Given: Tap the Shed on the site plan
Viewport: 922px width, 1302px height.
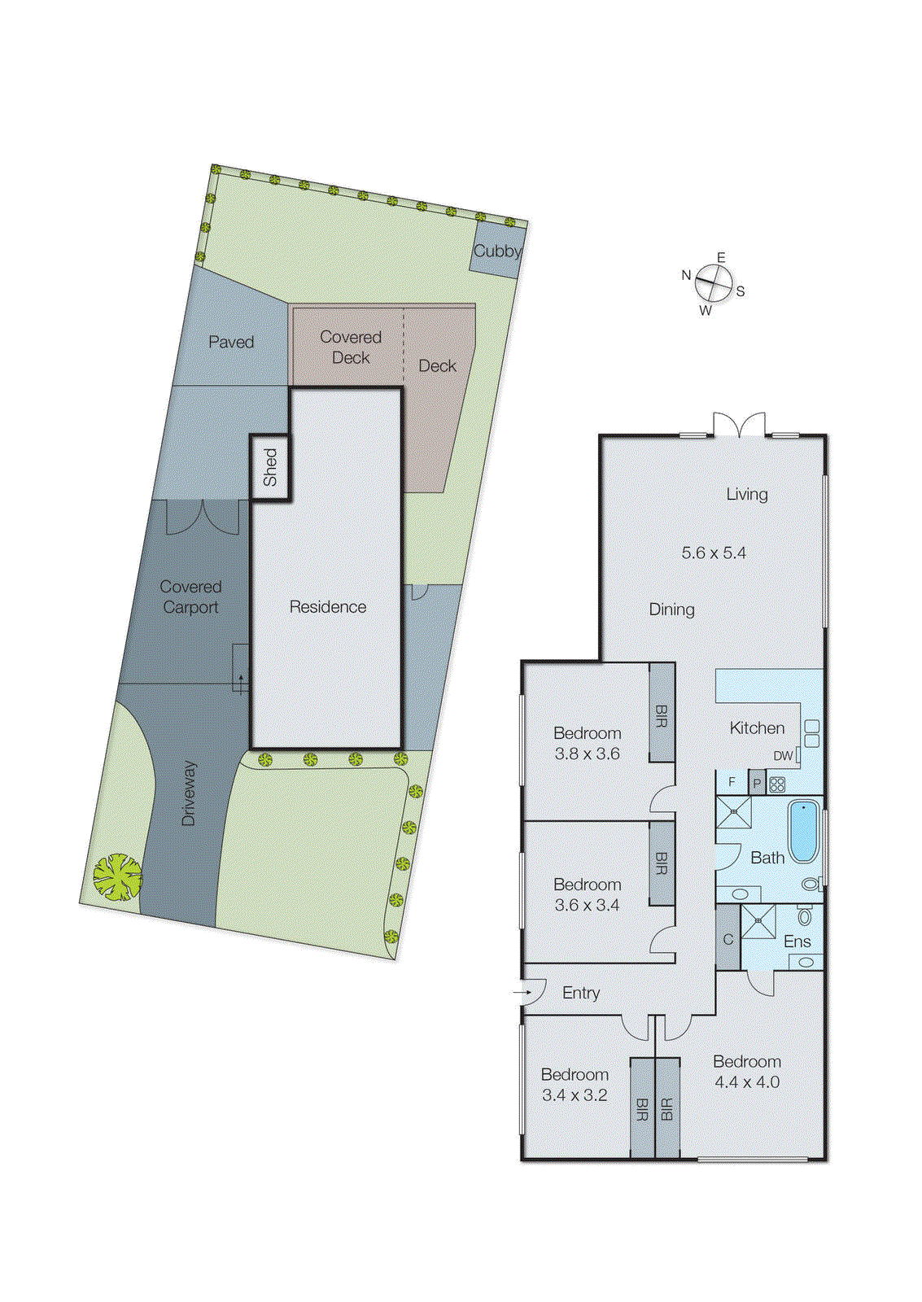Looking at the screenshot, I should tap(269, 467).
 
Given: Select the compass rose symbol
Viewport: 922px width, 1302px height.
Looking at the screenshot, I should tap(713, 284).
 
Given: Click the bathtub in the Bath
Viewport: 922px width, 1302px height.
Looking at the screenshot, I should tap(803, 831).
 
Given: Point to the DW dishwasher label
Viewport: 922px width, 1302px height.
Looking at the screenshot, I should tap(783, 756).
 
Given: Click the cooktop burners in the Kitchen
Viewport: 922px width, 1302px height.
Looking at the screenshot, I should tap(777, 785).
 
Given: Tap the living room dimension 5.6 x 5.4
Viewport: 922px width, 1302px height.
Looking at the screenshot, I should tap(714, 553).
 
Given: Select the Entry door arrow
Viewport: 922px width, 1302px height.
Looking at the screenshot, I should tap(521, 993).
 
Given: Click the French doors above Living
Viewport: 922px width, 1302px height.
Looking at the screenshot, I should tap(740, 425).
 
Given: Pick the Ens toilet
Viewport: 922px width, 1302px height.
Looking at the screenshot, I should tap(805, 917).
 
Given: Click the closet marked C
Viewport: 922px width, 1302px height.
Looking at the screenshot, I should tap(728, 939).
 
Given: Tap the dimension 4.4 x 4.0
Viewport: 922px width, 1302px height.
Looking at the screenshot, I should tap(747, 1082).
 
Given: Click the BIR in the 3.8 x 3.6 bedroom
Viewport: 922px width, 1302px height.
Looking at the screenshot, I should tap(662, 713).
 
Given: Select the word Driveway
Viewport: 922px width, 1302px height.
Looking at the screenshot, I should tap(189, 793).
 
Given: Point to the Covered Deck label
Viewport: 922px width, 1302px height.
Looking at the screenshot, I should tap(351, 347).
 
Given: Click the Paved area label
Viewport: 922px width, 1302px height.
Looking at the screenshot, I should tap(231, 342).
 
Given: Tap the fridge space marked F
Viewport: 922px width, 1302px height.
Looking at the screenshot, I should tap(732, 782).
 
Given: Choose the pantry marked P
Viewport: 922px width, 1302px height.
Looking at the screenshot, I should tap(757, 784).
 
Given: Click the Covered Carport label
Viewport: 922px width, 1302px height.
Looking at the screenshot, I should tap(190, 597).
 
